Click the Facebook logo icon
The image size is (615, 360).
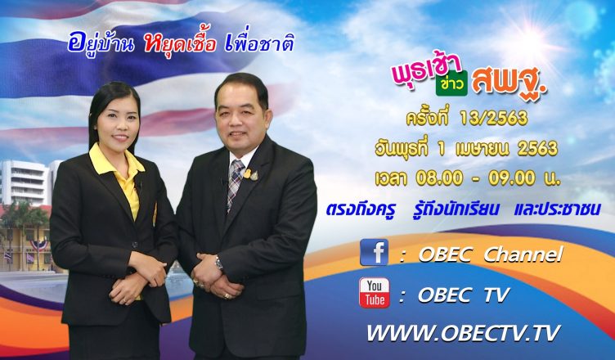click(x=375, y=253)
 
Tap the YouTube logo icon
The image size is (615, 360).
click(x=375, y=292)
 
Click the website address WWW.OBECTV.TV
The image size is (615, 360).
click(x=463, y=333)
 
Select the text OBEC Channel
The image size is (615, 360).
click(x=491, y=254)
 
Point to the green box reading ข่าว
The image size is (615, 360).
click(x=451, y=83)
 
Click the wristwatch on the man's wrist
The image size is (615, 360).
click(x=218, y=263)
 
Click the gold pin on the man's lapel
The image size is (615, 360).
click(x=248, y=174)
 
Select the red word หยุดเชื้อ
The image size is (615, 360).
click(x=180, y=44)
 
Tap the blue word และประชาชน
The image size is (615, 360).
click(x=557, y=209)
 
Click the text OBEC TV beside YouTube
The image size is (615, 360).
click(x=464, y=295)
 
